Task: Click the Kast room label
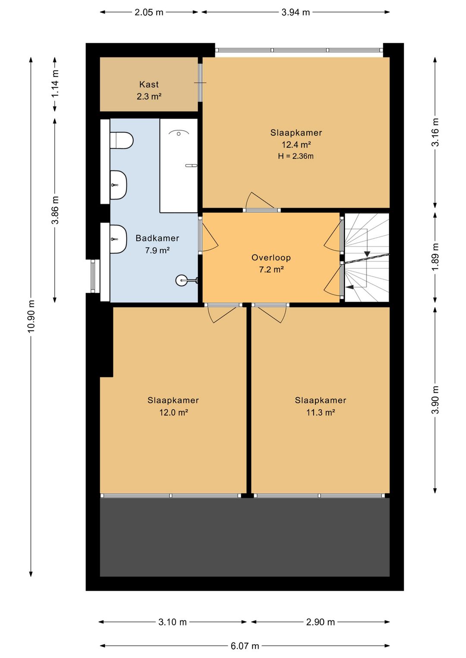149,85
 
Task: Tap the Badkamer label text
157,238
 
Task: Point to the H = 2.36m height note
296,156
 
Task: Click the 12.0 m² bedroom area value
173,412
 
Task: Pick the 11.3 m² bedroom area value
321,412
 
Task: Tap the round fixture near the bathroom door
181,280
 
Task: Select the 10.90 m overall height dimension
31,316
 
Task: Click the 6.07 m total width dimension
245,646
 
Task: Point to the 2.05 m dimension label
149,13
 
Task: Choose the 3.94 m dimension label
296,13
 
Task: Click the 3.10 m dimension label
173,622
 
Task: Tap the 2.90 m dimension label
321,622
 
